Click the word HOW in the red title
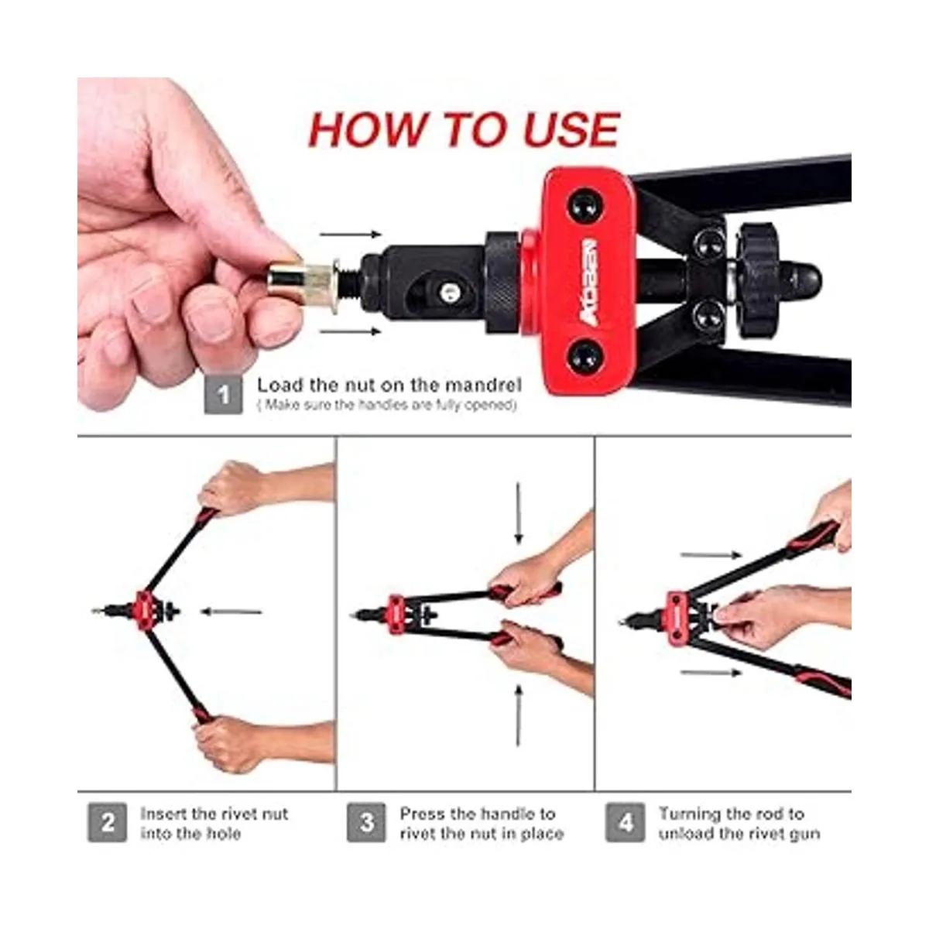point(367,130)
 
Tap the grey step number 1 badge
point(223,395)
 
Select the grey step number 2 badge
point(107,823)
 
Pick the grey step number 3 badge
point(366,823)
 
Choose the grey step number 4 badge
point(625,823)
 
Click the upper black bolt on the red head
point(586,206)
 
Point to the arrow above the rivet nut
point(351,235)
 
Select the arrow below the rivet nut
point(351,331)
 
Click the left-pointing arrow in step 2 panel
point(231,612)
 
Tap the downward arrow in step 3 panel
point(518,514)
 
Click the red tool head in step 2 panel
point(144,610)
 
